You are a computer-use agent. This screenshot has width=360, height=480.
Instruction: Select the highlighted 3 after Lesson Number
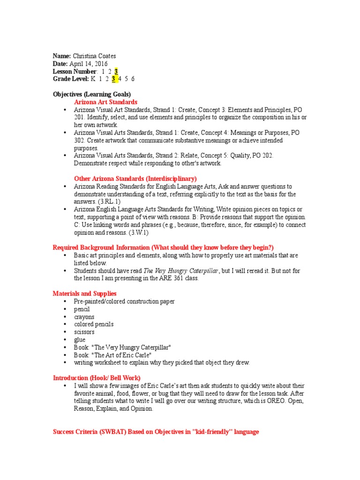pos(116,71)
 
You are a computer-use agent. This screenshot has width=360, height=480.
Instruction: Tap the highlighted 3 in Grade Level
pos(113,79)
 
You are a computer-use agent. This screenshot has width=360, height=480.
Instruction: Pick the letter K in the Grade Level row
pos(93,79)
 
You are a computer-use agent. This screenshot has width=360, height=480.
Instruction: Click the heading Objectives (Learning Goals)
pos(92,94)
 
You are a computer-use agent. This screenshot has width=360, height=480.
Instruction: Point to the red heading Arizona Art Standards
pos(105,102)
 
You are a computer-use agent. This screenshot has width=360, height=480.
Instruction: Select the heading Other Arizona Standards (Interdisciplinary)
pos(135,179)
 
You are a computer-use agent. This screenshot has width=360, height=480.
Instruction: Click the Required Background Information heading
pos(163,247)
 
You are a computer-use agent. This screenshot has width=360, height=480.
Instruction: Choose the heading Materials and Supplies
pos(85,293)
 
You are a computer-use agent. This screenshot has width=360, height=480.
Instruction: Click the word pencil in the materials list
pos(82,309)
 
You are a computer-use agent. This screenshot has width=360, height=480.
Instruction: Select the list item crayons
pos(84,317)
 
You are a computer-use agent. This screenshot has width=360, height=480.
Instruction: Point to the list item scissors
pos(84,332)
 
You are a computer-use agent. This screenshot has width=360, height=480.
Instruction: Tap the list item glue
pos(80,339)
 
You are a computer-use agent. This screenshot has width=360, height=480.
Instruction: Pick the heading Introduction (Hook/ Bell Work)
pos(97,378)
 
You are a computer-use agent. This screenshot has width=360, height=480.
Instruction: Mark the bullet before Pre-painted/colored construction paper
pos(64,301)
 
